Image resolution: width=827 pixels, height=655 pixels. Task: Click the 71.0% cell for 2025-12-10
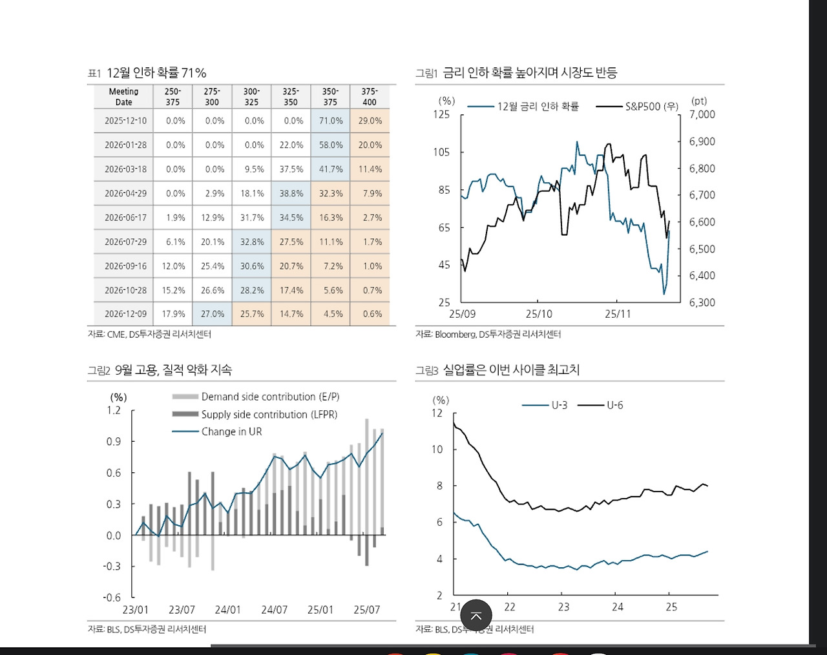coord(331,121)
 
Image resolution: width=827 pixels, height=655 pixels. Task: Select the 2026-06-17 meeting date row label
coord(125,218)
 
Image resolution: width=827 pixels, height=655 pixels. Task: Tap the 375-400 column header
coord(370,97)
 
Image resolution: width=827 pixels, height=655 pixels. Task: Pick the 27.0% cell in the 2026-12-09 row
coord(213,314)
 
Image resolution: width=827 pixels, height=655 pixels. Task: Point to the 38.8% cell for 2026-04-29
coord(291,193)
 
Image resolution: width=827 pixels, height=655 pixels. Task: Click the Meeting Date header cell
coord(123,97)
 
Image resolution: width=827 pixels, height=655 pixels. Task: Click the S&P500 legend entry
coord(651,107)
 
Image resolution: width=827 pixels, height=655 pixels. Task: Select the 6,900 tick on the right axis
coord(702,141)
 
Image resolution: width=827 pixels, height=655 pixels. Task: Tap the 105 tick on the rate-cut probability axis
coord(441,152)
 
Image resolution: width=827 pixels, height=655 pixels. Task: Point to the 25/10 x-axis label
coord(539,314)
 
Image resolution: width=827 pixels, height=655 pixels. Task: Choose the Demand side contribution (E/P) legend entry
coord(270,397)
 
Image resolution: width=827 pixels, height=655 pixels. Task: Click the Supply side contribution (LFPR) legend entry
coord(269,414)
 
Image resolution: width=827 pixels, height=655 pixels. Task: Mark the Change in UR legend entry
coord(231,431)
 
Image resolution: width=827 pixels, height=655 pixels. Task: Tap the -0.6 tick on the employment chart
coord(112,598)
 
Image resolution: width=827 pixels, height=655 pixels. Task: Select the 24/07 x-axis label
coord(274,610)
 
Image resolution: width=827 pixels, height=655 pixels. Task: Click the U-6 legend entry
coord(614,405)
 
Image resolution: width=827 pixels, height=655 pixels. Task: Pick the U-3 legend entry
coord(559,405)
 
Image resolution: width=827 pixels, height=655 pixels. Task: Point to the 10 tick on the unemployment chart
coord(437,450)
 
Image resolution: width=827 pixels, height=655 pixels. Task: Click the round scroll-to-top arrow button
coord(476,616)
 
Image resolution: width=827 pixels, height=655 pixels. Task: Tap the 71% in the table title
coord(194,73)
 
